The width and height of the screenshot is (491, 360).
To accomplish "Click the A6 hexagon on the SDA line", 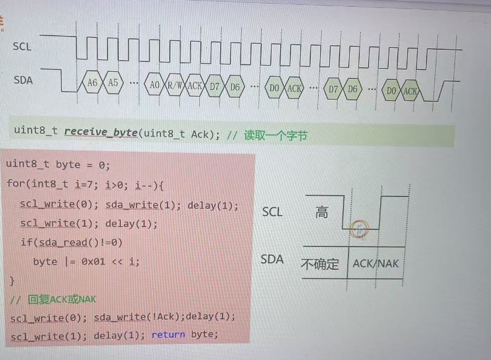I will [92, 83].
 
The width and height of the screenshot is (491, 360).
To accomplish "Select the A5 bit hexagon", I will [113, 83].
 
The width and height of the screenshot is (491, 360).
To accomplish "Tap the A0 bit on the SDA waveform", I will [155, 86].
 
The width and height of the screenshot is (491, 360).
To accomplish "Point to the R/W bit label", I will [174, 86].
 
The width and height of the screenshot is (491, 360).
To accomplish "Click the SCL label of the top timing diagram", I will [22, 46].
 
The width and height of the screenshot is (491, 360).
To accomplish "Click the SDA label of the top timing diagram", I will [23, 80].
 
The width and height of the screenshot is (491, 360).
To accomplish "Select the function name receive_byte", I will [100, 131].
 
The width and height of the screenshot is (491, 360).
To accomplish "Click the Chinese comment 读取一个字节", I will [276, 134].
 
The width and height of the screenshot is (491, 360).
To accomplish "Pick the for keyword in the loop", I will [14, 185].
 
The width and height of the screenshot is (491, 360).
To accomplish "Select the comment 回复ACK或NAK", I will [62, 300].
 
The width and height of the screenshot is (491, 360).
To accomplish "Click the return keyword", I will [168, 335].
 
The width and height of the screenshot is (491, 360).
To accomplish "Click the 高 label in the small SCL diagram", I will [322, 213].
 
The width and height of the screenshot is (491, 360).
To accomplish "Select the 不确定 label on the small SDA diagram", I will [320, 263].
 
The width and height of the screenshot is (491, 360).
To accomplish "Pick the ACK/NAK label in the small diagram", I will [376, 263].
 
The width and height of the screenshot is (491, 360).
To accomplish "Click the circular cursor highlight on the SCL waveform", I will [359, 230].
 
